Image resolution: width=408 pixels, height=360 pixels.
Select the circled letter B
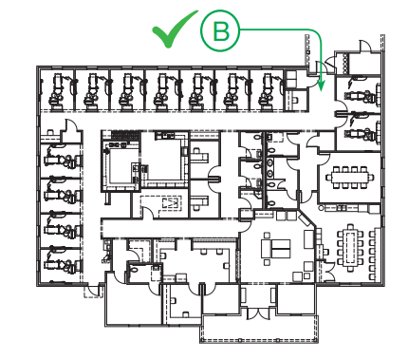(x=220, y=30)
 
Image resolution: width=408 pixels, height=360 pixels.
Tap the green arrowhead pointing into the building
(x=322, y=86)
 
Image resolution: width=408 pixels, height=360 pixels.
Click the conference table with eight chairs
(x=350, y=177)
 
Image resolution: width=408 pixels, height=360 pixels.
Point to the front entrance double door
(x=259, y=313)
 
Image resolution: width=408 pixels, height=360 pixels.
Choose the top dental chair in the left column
(x=61, y=158)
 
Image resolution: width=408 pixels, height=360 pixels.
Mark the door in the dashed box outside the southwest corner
(x=94, y=291)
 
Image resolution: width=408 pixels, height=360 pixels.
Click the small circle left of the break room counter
(x=321, y=208)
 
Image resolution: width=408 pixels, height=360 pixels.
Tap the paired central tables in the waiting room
(x=275, y=248)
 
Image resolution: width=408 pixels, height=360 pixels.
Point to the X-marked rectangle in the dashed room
(x=171, y=203)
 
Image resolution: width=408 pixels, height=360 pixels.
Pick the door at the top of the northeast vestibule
(x=364, y=46)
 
